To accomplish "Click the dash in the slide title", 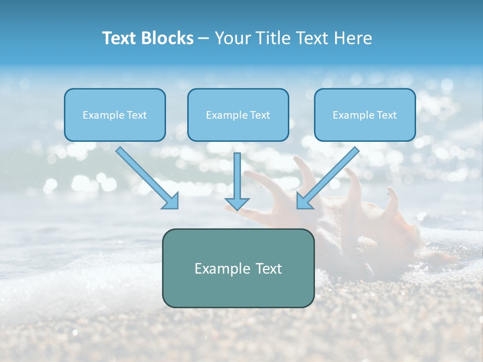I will coord(204,39).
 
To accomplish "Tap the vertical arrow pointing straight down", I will coord(237,176).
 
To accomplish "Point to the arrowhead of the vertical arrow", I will coord(237,204).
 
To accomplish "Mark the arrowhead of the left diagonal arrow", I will coord(171,201).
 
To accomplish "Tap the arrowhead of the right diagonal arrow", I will coord(303,201).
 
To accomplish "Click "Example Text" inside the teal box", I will coord(238,268).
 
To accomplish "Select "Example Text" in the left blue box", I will coord(115,115).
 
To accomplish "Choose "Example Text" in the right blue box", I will coord(365,115).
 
